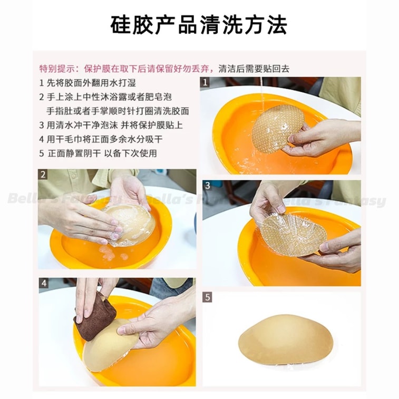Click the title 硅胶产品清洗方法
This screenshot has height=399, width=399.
click(x=199, y=25)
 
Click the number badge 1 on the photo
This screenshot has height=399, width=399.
click(x=206, y=82)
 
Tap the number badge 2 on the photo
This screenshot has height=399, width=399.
click(x=44, y=175)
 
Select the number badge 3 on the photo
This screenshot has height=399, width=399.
click(x=208, y=186)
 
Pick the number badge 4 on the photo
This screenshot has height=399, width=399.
click(x=44, y=283)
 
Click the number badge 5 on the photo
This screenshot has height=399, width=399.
click(x=208, y=297)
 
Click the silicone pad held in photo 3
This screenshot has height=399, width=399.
click(x=293, y=235)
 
